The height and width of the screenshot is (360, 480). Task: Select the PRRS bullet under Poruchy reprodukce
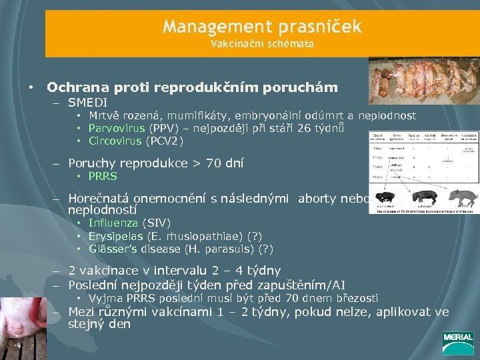(103, 176)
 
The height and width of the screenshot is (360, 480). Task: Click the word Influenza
(113, 223)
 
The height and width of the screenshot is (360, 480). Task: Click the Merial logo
(457, 341)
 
